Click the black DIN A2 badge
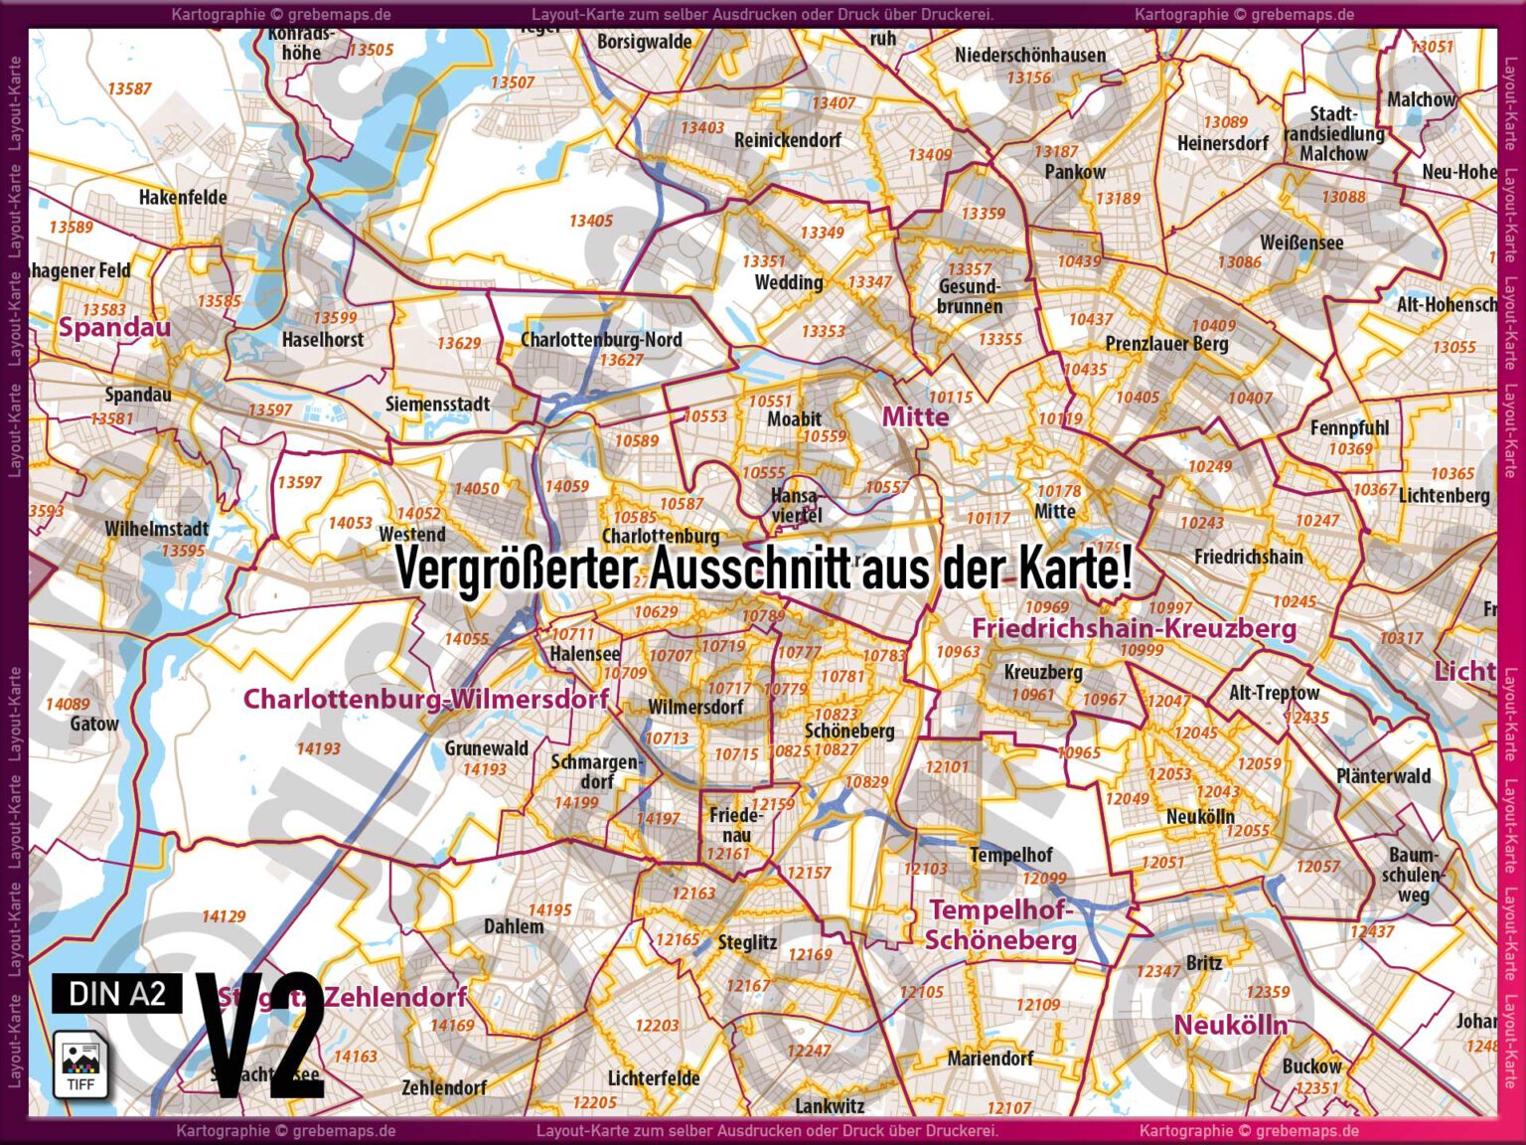117,993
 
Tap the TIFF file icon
80,1063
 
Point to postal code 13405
591,221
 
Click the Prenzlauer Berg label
1166,344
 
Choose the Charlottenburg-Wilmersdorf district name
426,699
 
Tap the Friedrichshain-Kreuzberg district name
1134,628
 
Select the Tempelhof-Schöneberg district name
1000,924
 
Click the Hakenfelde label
183,197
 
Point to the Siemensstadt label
437,404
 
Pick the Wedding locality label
789,282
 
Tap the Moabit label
794,418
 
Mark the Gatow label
94,724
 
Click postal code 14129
224,916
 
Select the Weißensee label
1301,243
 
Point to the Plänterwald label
1383,776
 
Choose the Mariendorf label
990,1059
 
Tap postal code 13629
459,343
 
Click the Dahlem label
514,926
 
